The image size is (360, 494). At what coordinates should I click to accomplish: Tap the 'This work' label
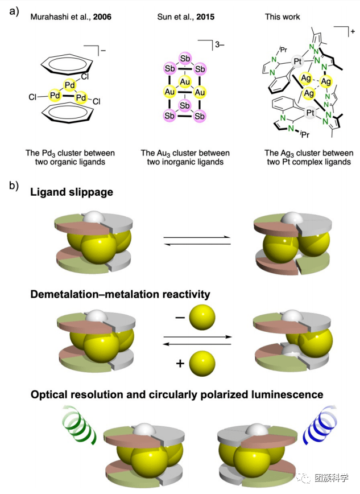[282, 17]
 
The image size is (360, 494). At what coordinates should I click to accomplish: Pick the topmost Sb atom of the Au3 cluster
[184, 59]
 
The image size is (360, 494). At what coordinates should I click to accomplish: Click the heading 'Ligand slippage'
[72, 192]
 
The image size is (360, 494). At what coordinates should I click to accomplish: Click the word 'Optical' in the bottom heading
[52, 394]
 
